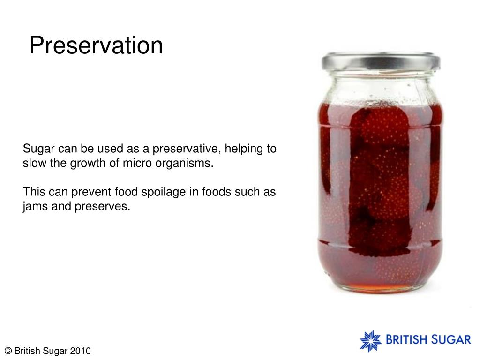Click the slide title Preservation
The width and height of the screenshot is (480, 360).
pos(96,46)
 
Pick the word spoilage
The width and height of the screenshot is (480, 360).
pos(167,192)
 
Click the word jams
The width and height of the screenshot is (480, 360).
pos(35,207)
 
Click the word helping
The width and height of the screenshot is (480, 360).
pos(244,150)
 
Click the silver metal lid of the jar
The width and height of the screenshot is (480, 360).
pos(380,61)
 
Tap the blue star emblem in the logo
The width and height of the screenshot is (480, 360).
pos(371,341)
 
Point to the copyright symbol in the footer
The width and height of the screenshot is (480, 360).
pos(8,351)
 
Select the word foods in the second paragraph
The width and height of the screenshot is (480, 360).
pos(216,192)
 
